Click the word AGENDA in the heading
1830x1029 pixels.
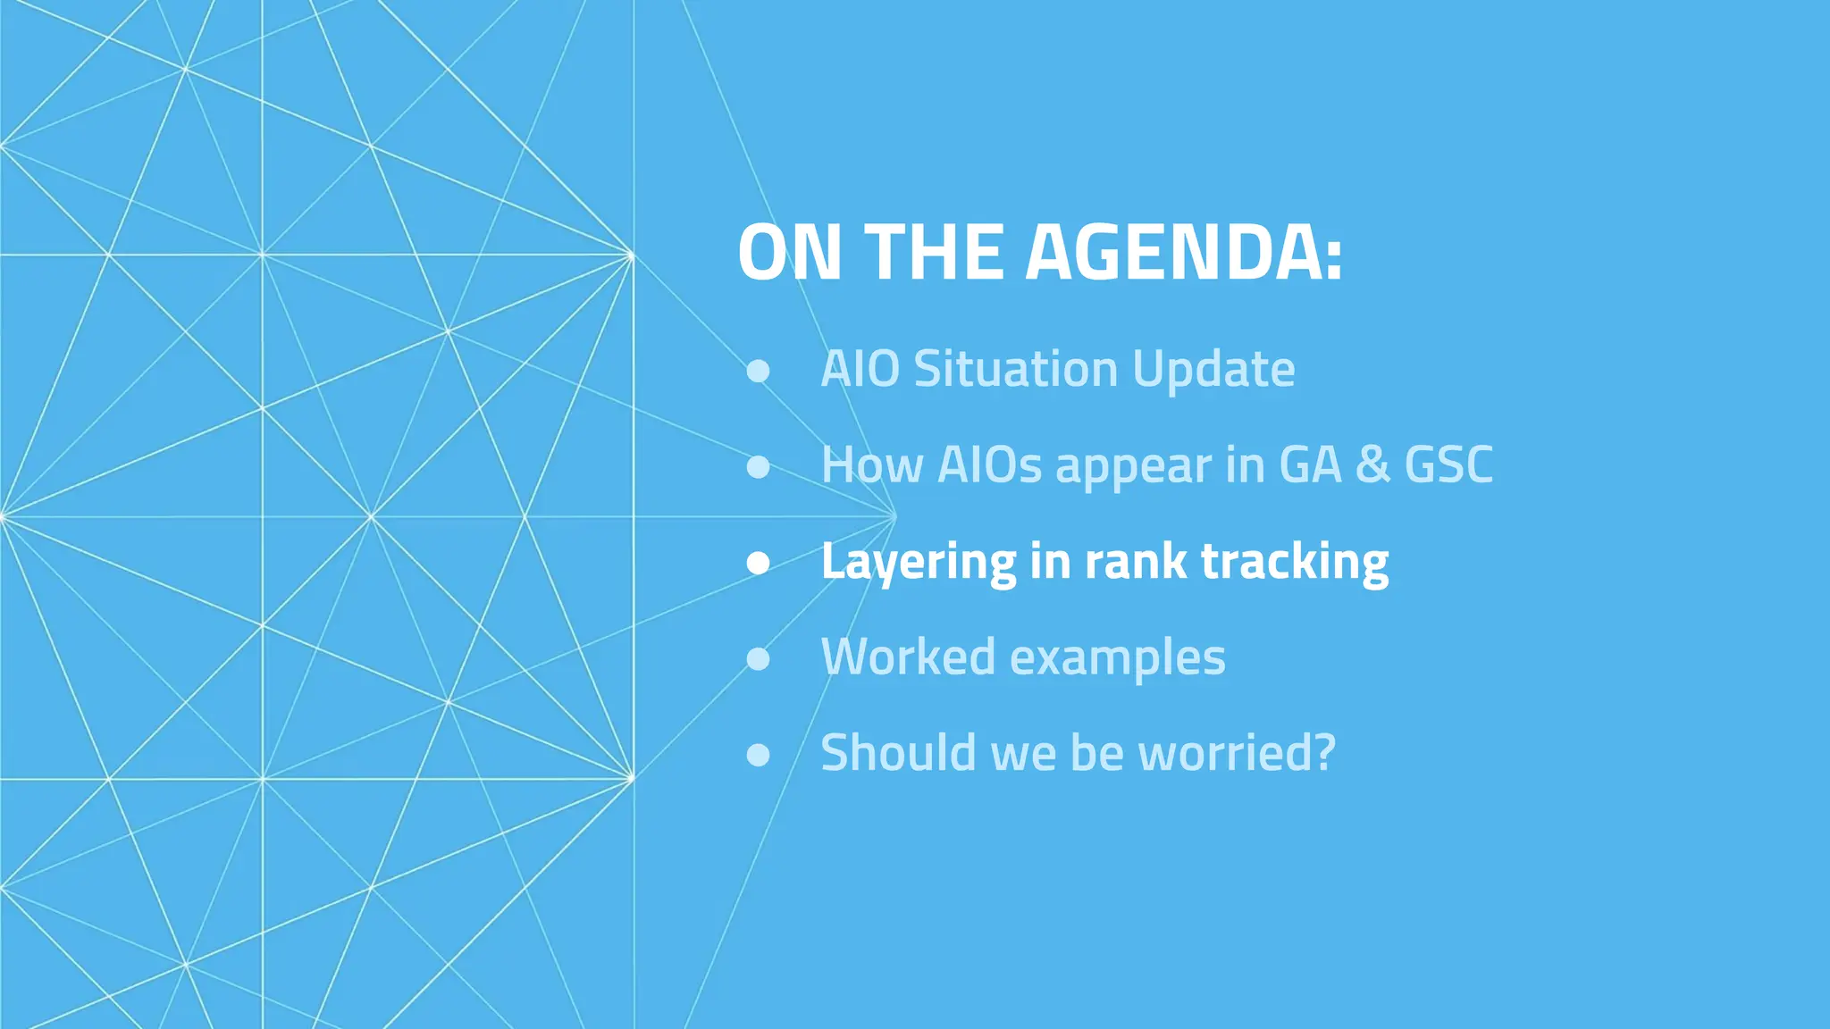[x=1183, y=253]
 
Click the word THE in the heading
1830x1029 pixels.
[x=933, y=253]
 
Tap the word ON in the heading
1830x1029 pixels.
[x=790, y=253]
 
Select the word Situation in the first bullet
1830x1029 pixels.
[x=1015, y=369]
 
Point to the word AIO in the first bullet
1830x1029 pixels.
[x=860, y=369]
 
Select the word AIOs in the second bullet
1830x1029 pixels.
[x=989, y=464]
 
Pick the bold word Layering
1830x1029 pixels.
[x=918, y=563]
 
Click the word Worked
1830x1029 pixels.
[x=908, y=657]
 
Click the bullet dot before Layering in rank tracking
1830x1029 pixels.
[x=758, y=562]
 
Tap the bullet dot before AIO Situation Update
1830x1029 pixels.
[x=758, y=371]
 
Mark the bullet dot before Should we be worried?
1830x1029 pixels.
[x=758, y=755]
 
